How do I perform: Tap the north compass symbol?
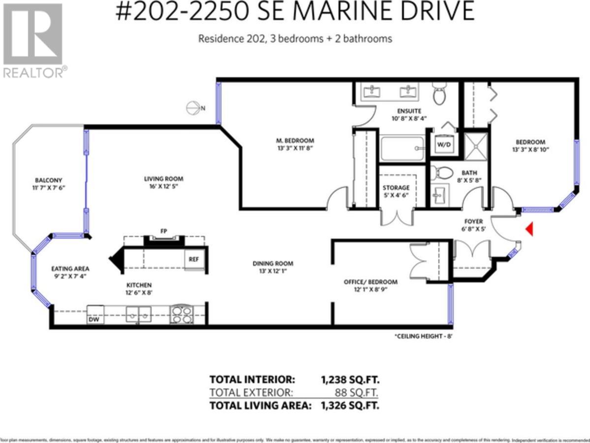(192, 108)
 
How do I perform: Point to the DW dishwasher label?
(94, 319)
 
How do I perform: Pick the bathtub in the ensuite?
(402, 148)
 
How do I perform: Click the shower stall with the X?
(476, 146)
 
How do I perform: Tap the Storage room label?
(396, 188)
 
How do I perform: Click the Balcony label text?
(48, 180)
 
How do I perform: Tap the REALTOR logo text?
(32, 72)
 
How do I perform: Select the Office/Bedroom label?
(370, 282)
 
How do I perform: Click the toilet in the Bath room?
(442, 173)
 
